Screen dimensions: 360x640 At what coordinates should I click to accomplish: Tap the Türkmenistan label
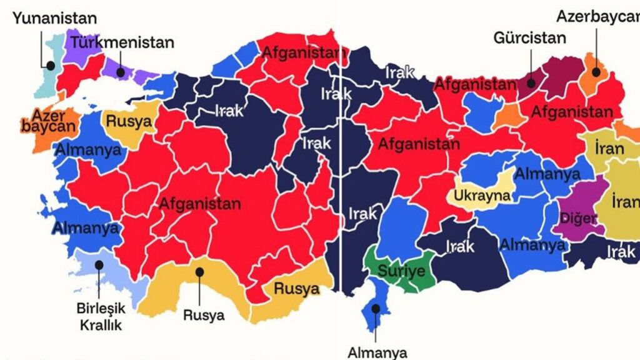point(122,43)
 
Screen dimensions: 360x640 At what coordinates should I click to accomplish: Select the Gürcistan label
point(529,37)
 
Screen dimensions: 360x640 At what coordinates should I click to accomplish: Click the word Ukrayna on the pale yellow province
point(482,196)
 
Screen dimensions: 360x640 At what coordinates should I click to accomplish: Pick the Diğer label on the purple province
point(579,218)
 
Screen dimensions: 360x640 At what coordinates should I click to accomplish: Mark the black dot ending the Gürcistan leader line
point(529,81)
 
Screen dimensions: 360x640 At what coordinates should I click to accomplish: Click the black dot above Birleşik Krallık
point(99,264)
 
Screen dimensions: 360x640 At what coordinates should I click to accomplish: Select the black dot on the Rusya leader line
point(199,271)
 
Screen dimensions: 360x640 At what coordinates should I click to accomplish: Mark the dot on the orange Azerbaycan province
point(596,72)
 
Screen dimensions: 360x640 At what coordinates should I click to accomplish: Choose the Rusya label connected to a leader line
point(204,315)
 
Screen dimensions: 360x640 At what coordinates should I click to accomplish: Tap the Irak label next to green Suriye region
point(460,247)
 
